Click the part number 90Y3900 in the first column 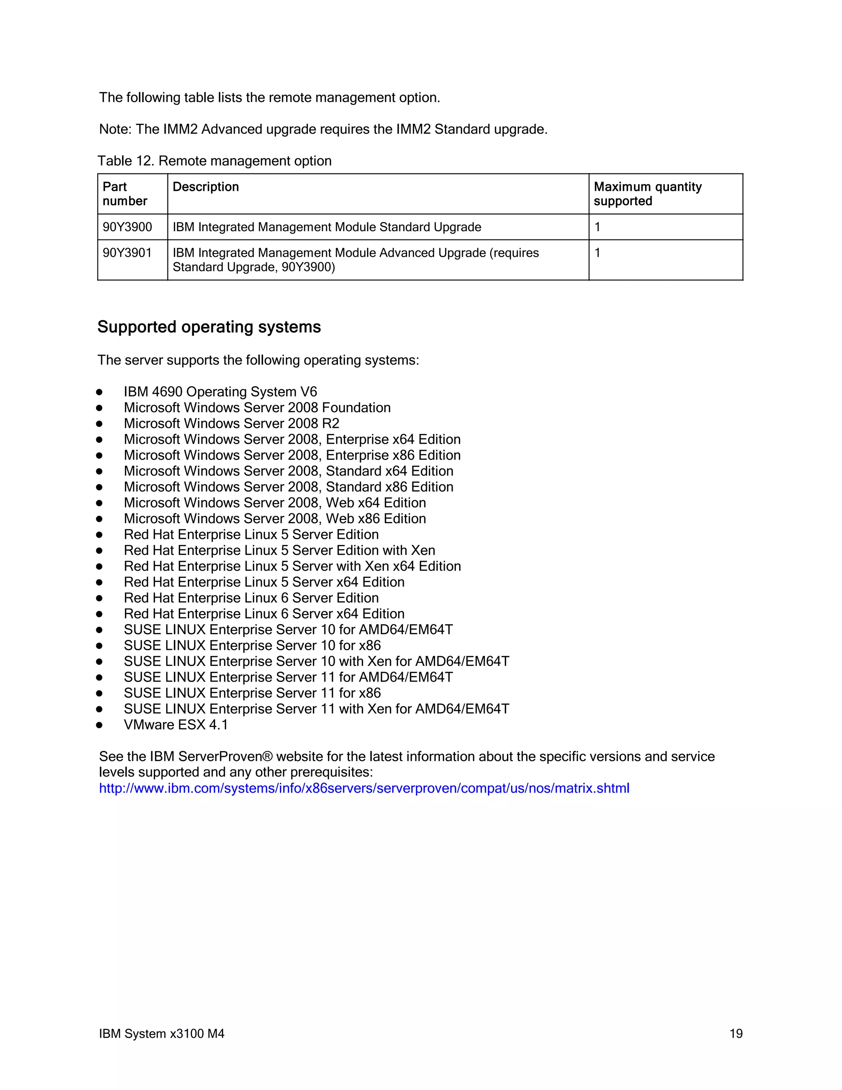[127, 227]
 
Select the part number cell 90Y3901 [127, 253]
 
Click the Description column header [206, 187]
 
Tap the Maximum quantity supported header [647, 194]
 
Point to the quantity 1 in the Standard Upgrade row [597, 227]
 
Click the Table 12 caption [215, 161]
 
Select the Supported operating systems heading [209, 327]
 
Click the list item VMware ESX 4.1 [176, 725]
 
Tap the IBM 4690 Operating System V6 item [220, 392]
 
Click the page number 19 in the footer [736, 1033]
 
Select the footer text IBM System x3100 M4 [162, 1033]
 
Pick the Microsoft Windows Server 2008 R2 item [231, 423]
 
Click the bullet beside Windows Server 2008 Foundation [99, 408]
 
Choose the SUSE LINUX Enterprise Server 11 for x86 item [252, 693]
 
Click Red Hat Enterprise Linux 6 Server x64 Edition [264, 614]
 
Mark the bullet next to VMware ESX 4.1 [99, 725]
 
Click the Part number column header [124, 194]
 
